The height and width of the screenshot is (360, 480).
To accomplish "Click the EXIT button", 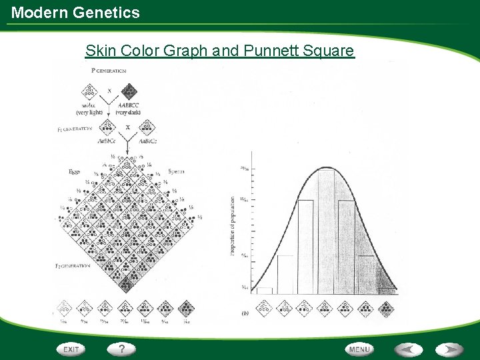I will point(71,349).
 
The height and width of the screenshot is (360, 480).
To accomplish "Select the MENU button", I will point(359,349).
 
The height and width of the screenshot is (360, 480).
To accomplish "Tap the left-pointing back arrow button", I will point(408,349).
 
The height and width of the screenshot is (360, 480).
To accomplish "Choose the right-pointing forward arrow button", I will point(450,349).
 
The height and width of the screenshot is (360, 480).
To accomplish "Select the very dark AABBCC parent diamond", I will point(129,91).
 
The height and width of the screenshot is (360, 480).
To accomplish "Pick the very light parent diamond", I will point(88,91).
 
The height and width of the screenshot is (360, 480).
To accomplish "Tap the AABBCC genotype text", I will point(128,105).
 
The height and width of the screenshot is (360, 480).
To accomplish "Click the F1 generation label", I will point(74,129).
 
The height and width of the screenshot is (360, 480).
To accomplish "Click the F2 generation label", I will point(73,266).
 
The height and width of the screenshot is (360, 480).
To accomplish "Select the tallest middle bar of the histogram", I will point(327,230).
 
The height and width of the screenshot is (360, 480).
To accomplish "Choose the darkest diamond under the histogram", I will point(386,307).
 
